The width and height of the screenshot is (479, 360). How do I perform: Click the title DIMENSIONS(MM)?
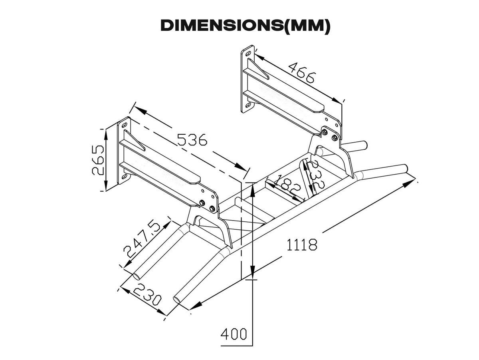pyautogui.click(x=245, y=26)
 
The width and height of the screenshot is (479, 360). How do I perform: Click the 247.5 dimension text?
pyautogui.click(x=142, y=239)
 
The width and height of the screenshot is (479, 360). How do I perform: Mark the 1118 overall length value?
pyautogui.click(x=302, y=244)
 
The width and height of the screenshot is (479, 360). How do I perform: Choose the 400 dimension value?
pyautogui.click(x=234, y=334)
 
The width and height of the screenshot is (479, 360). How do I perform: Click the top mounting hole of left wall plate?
pyautogui.click(x=125, y=125)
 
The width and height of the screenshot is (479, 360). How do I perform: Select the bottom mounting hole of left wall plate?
pyautogui.click(x=125, y=176)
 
